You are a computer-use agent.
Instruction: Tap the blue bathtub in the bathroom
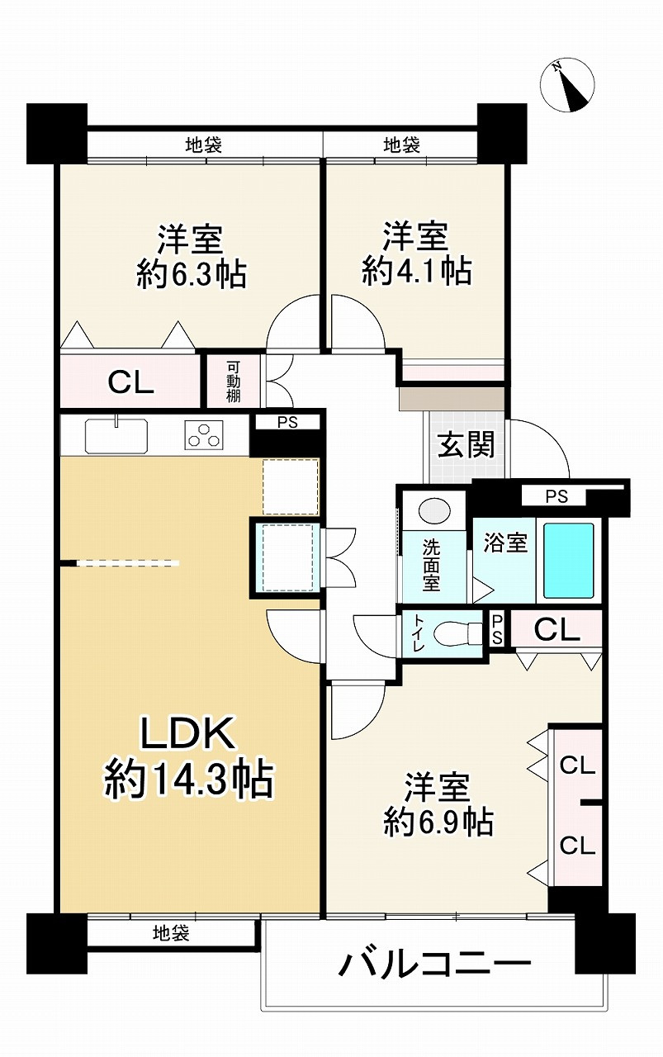coord(569,560)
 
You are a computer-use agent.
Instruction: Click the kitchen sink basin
coord(116,435)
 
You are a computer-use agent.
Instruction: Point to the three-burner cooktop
coord(204,434)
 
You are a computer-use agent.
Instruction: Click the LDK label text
coord(188,734)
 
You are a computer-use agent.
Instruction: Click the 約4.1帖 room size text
coord(417,271)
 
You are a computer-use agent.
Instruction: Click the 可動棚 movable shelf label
coord(233,382)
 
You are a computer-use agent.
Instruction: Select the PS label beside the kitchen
coord(287,422)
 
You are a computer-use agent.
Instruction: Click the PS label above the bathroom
coord(556,497)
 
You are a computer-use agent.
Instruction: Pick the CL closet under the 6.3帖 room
coord(130,382)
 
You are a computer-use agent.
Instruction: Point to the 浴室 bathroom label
coord(505,543)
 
